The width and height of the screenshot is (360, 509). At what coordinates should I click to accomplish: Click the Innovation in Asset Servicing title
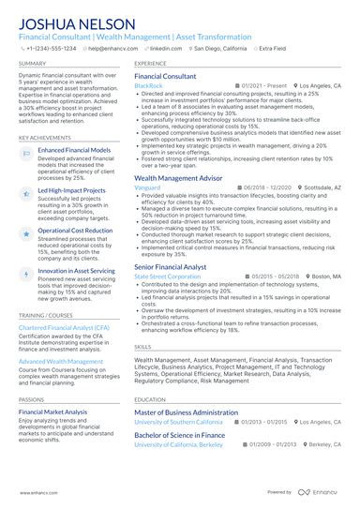(x=77, y=270)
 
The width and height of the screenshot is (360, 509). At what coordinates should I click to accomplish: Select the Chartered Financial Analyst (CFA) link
(x=62, y=328)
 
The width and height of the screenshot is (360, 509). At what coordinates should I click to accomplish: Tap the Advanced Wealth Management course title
(x=62, y=360)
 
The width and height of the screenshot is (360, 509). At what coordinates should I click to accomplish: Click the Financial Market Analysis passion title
(x=52, y=412)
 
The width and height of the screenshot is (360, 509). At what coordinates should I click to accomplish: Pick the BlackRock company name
(x=148, y=85)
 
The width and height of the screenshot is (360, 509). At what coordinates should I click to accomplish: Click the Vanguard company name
(x=148, y=187)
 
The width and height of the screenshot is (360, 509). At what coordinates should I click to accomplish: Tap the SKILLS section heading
(x=143, y=346)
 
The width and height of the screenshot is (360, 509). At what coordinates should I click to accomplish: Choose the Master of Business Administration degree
(x=186, y=412)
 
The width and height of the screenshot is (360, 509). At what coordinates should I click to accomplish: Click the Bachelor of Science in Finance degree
(x=179, y=435)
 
